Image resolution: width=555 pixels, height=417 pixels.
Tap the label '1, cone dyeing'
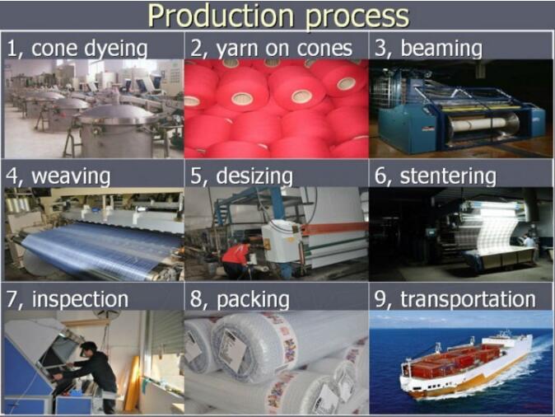77,49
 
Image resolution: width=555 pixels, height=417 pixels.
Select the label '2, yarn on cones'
272,49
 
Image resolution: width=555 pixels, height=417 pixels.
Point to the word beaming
441,49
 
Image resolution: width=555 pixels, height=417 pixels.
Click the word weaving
71,176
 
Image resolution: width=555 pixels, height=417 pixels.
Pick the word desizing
254,176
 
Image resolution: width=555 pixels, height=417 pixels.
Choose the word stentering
448,176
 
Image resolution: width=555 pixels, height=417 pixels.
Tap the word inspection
80,299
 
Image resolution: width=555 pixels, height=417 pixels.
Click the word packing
253,300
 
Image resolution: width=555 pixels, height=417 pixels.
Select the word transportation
468,299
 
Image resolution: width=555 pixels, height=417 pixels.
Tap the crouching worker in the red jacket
236,259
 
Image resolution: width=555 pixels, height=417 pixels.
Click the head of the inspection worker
88,349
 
